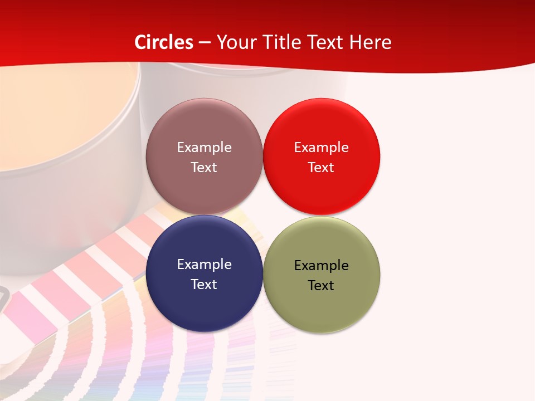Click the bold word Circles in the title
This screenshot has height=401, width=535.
click(x=164, y=42)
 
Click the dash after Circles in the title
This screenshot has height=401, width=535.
click(x=205, y=43)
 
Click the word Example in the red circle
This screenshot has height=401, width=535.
click(x=322, y=148)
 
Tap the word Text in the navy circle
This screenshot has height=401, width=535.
click(x=204, y=284)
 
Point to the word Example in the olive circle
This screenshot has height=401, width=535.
click(x=322, y=266)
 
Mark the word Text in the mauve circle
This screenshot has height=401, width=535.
click(x=204, y=167)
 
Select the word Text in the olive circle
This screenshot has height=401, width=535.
click(x=321, y=285)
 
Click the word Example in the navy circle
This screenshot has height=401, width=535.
click(x=204, y=265)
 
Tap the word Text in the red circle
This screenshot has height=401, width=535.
click(x=321, y=167)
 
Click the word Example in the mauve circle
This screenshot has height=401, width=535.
click(x=204, y=148)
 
